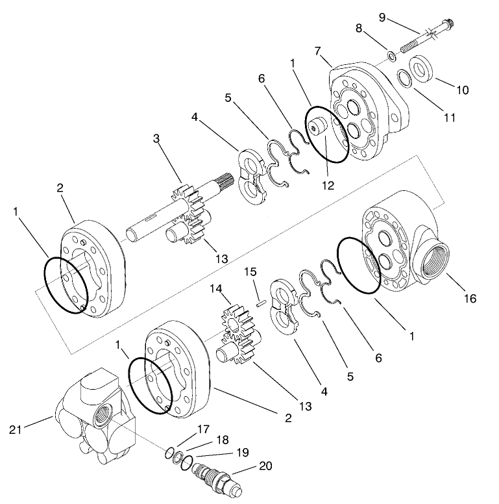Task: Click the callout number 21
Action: point(17,429)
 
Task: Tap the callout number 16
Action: point(470,299)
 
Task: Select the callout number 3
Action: point(156,138)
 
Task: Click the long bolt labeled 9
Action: point(422,39)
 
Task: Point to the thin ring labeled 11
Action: point(404,77)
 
